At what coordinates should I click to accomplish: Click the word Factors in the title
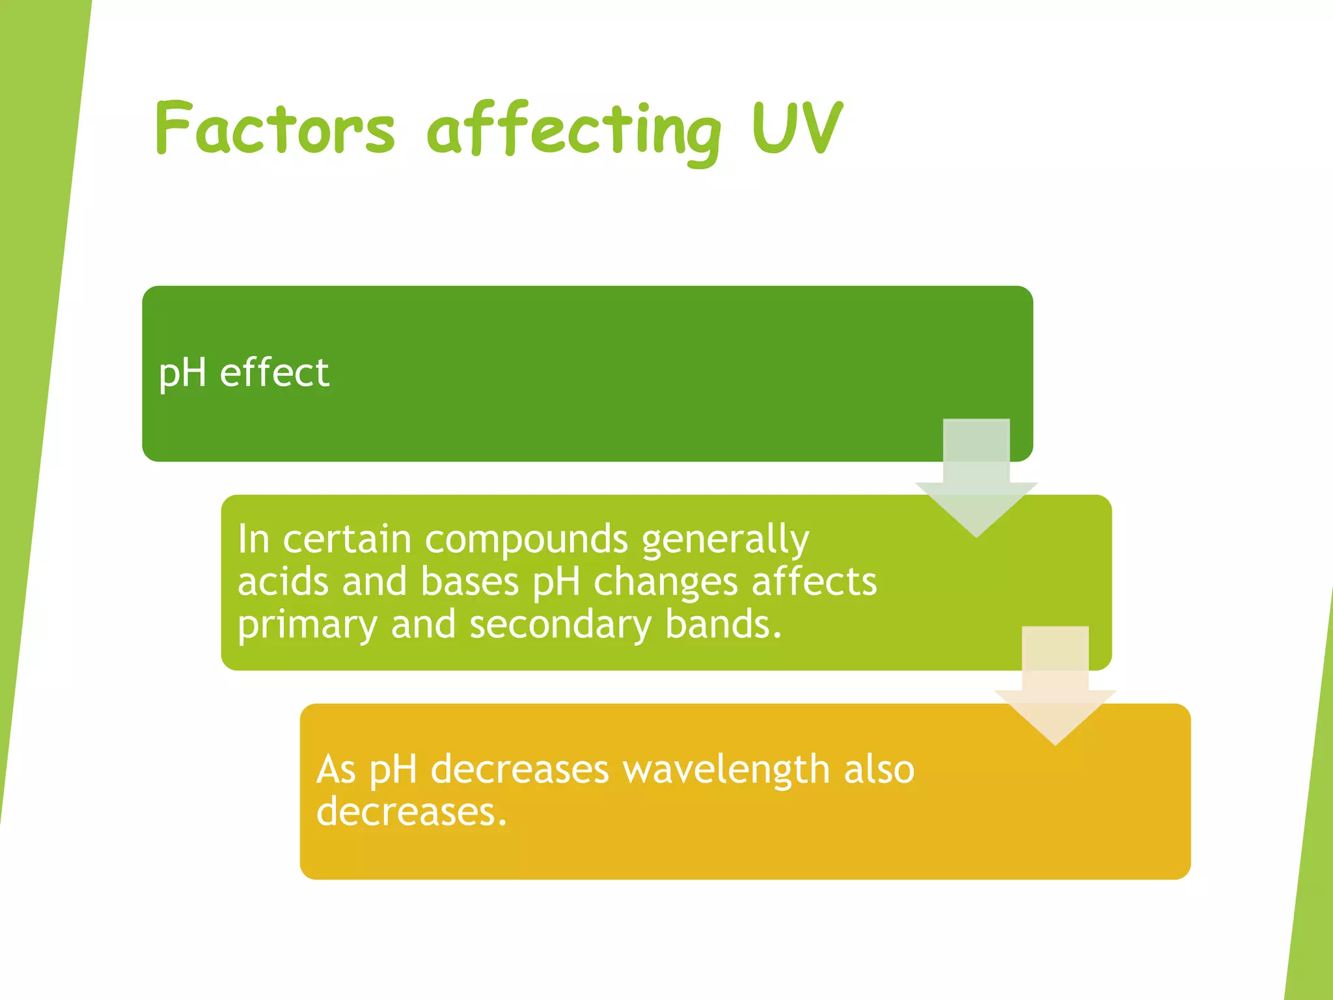tap(275, 128)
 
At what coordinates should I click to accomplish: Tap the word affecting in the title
tap(574, 130)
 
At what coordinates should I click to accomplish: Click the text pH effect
tap(244, 373)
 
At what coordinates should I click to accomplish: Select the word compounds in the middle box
tap(527, 539)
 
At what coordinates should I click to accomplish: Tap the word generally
tap(725, 540)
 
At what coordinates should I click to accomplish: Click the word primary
tap(307, 625)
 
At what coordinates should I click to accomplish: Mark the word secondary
tap(560, 625)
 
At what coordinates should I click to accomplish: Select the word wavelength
tap(726, 770)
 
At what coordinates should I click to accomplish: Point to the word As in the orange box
tap(336, 770)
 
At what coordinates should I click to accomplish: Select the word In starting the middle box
tap(253, 539)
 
